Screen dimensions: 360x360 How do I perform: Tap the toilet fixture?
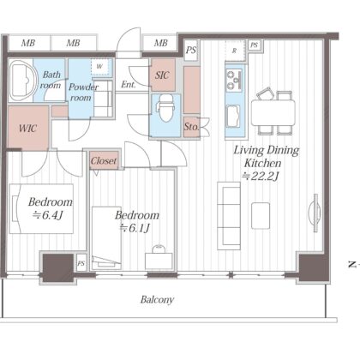165,108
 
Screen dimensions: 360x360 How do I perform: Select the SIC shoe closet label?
162,75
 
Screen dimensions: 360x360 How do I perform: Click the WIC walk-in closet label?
27,128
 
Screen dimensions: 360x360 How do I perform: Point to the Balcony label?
157,300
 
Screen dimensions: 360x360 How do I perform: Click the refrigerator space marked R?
235,51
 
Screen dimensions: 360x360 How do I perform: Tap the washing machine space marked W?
99,67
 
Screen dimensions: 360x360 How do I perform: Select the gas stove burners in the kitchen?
234,80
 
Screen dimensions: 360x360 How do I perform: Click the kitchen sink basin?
234,117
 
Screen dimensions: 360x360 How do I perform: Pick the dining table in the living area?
273,113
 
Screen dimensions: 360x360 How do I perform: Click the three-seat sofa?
229,216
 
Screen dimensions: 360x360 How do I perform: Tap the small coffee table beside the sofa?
261,215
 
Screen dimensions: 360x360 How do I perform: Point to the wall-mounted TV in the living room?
315,213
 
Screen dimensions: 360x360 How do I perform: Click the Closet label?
104,161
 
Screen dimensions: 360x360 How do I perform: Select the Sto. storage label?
191,127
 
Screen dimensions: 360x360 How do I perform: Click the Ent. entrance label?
129,84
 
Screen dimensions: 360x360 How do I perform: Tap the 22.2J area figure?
260,177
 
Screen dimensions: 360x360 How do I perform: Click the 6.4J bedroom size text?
47,215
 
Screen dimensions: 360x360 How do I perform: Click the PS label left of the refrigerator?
191,51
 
